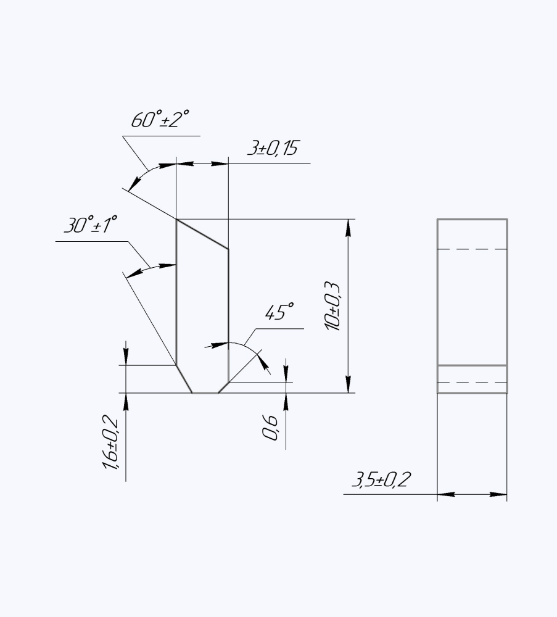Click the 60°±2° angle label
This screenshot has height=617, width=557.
pos(160,119)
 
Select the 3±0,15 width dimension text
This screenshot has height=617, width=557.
pos(272,148)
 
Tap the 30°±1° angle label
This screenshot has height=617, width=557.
pos(91,225)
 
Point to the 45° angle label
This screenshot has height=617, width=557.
pos(279,312)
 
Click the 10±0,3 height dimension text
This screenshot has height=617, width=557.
pos(332,306)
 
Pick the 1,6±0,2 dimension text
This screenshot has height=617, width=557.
pos(110,442)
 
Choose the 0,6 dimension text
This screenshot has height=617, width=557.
pos(270,428)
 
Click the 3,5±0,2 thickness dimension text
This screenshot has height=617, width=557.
pos(381,479)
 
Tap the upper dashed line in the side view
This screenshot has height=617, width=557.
pos(472,249)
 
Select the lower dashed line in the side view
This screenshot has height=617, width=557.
pos(472,383)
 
